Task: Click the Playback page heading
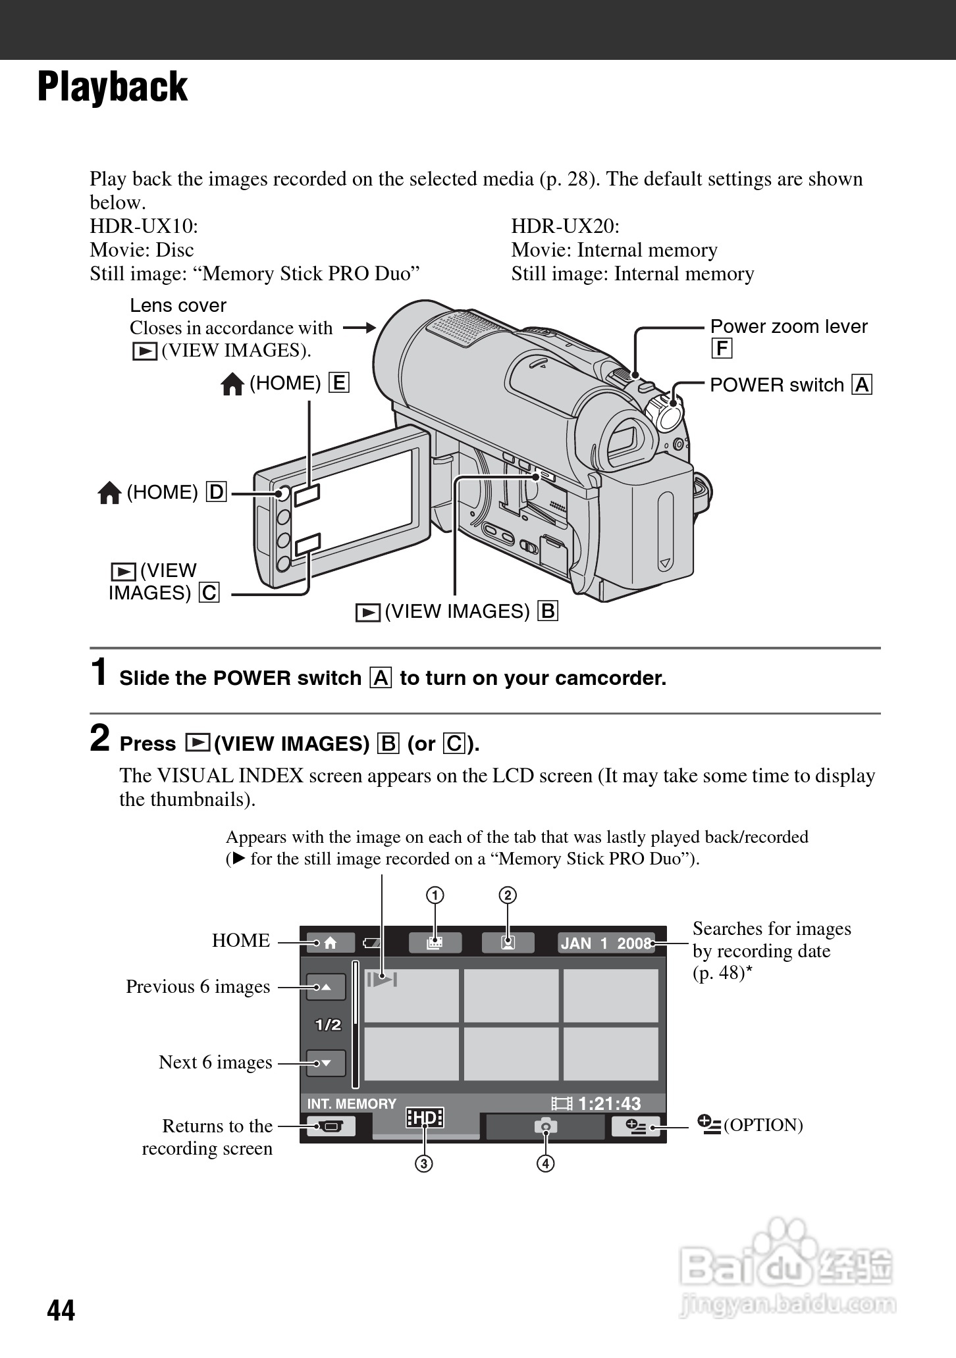tap(113, 88)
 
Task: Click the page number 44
tap(61, 1310)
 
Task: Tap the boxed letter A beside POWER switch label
tap(862, 385)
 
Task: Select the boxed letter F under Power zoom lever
tap(722, 349)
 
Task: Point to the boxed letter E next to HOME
tap(339, 383)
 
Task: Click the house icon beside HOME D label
tap(109, 493)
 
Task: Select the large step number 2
tap(99, 738)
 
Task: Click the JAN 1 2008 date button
tap(606, 943)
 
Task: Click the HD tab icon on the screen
tap(425, 1118)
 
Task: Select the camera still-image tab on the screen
tap(545, 1126)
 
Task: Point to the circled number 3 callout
tap(423, 1163)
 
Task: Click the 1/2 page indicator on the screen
tap(328, 1024)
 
